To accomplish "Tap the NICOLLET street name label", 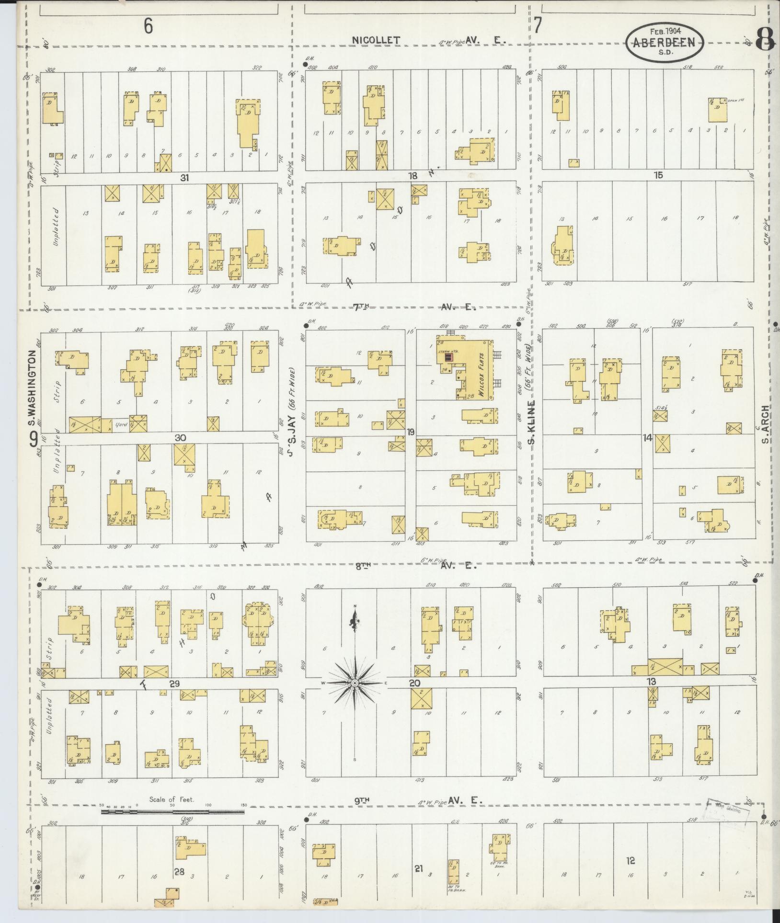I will point(376,41).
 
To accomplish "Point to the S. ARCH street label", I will point(766,425).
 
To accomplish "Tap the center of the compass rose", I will point(355,683).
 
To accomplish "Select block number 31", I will point(185,178).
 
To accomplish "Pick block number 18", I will point(412,176).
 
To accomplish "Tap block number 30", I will point(180,438).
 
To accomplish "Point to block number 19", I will point(411,433).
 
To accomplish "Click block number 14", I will point(648,437).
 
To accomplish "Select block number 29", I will point(174,684).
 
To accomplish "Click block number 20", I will point(415,683).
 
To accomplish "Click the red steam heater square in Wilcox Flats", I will point(448,358).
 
